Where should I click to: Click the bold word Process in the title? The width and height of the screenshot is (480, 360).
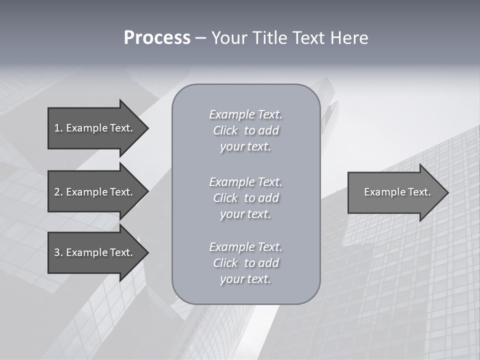[157, 38]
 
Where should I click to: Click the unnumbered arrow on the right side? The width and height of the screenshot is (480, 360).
[395, 192]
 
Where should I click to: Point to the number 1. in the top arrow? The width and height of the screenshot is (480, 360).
[58, 128]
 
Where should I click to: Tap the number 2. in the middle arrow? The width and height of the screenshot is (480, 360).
[58, 192]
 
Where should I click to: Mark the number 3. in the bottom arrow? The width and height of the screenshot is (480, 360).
[58, 252]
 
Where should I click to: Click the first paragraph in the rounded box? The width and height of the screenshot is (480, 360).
[245, 130]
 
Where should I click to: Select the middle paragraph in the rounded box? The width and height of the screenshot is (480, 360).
[245, 197]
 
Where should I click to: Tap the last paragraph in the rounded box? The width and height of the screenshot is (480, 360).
[245, 263]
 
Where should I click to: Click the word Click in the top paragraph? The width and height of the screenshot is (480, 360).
[225, 130]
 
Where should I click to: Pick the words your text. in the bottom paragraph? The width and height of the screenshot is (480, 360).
[245, 279]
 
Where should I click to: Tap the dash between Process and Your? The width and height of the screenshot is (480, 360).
[201, 38]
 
